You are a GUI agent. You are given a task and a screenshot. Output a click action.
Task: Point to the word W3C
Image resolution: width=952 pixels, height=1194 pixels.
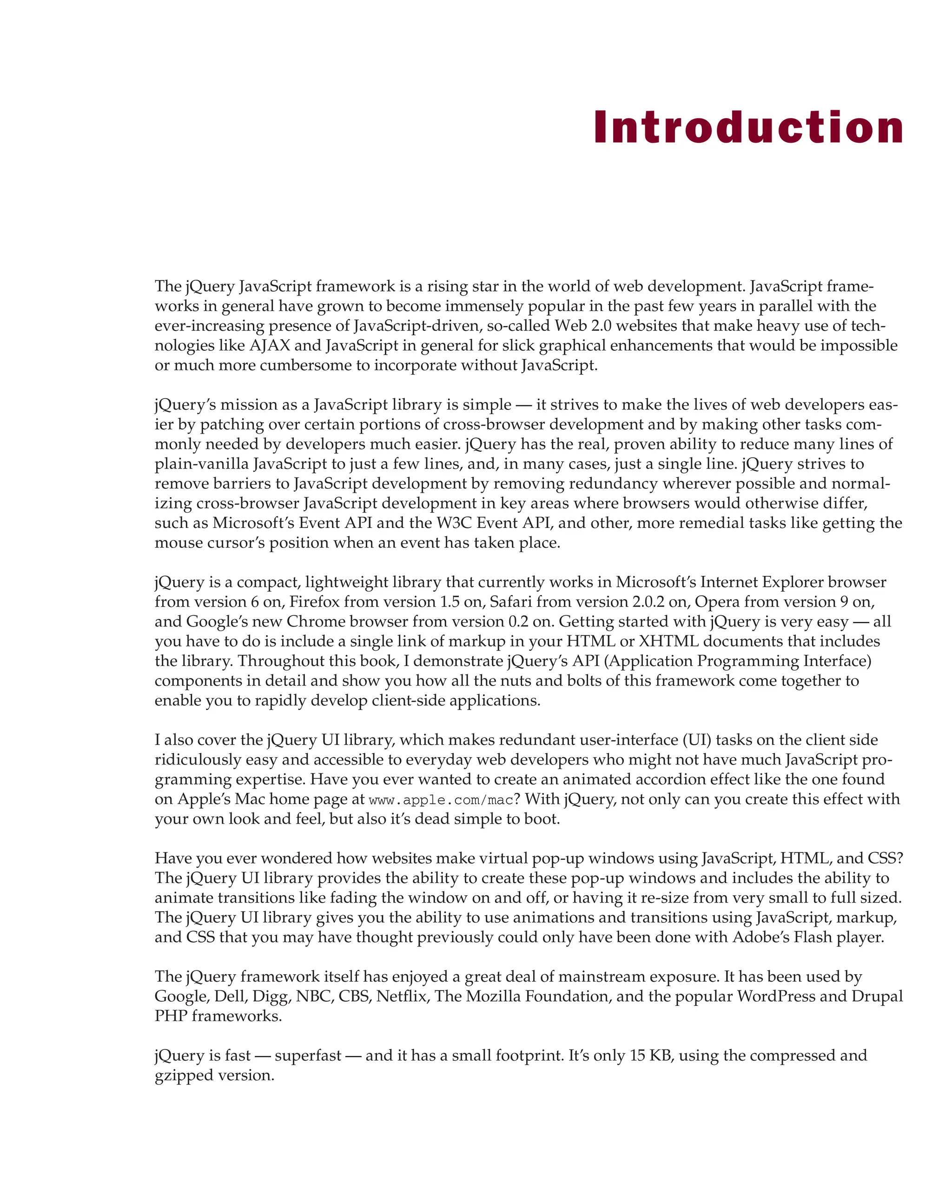[454, 523]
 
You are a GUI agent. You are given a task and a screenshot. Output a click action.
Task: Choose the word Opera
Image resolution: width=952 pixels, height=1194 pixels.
[717, 601]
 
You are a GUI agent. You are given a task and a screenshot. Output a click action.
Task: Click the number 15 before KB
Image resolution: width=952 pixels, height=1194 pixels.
[637, 1055]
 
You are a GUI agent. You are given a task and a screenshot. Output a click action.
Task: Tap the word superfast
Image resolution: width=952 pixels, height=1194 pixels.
[308, 1055]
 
